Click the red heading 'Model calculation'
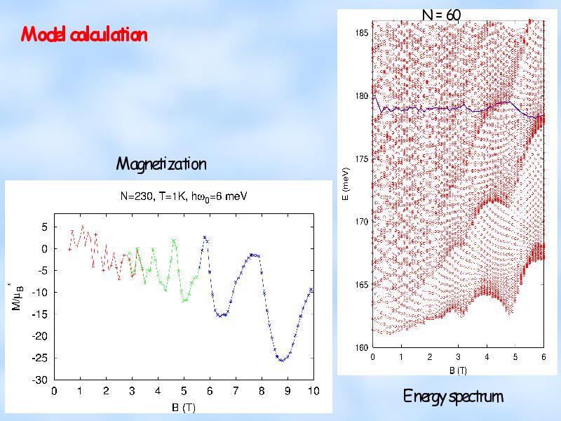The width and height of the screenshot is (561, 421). [x=84, y=34]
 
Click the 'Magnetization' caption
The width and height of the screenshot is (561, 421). [x=161, y=164]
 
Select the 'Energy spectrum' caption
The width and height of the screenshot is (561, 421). [x=453, y=396]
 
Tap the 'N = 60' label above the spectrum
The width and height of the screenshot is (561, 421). [x=441, y=15]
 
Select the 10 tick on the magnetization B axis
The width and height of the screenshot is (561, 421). [x=313, y=391]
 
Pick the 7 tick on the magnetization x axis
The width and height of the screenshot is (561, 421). [x=236, y=391]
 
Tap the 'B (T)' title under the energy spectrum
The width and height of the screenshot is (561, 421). [x=457, y=370]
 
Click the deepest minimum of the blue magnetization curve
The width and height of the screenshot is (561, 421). [x=282, y=360]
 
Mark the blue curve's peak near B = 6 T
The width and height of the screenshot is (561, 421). [x=204, y=237]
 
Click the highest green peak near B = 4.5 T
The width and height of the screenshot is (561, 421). [x=173, y=240]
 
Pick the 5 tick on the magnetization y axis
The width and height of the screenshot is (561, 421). [x=43, y=227]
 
